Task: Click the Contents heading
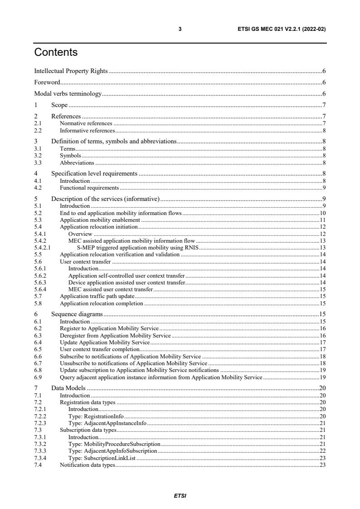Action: point(56,53)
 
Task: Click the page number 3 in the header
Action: point(180,29)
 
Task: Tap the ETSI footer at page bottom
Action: point(180,496)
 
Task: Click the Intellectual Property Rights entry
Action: point(71,71)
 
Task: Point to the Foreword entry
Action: point(47,83)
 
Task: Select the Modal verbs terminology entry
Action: point(68,94)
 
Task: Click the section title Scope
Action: point(59,105)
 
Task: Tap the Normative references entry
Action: point(86,123)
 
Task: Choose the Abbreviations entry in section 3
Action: point(77,162)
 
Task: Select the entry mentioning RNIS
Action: point(138,247)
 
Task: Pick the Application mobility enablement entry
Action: point(100,220)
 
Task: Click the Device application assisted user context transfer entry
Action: point(127,282)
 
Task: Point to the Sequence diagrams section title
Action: point(77,314)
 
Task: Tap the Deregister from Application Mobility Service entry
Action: point(115,335)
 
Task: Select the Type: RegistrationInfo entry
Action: point(96,416)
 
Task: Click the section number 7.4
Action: point(38,465)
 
